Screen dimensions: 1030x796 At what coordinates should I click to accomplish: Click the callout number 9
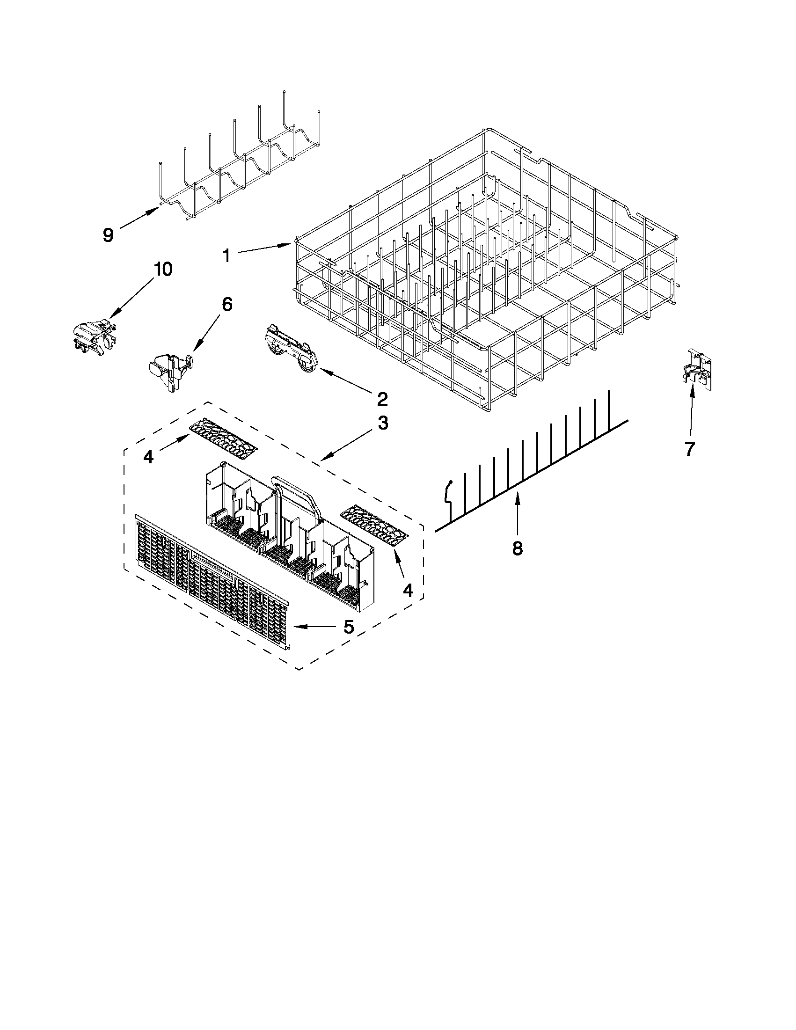pos(109,234)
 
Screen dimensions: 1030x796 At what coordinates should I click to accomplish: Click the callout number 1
pos(227,256)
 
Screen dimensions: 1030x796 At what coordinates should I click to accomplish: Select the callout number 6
pos(226,304)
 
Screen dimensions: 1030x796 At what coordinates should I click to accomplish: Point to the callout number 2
pos(382,399)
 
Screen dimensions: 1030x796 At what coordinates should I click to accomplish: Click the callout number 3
pos(383,423)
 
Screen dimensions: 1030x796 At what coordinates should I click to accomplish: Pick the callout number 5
pos(348,627)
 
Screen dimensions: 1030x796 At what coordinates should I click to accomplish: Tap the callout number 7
pos(689,449)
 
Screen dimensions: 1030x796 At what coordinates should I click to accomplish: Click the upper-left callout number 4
pos(149,457)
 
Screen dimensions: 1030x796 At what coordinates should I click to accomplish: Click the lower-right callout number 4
pos(408,590)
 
